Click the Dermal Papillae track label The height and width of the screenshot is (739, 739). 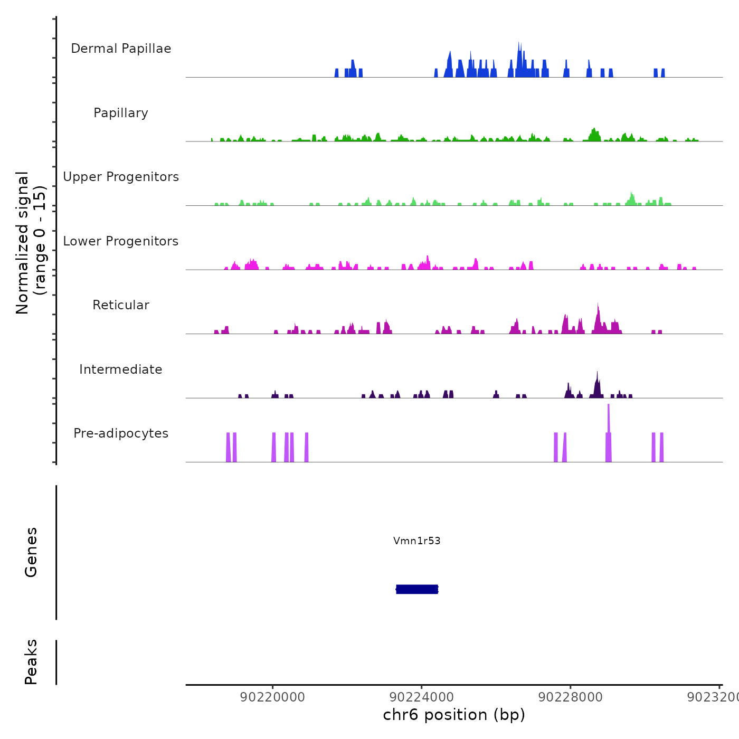click(x=121, y=49)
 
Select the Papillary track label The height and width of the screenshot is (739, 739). click(x=121, y=113)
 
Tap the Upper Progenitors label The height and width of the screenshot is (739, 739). click(x=121, y=177)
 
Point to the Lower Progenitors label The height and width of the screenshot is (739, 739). click(x=121, y=241)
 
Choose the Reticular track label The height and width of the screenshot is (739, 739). click(x=121, y=305)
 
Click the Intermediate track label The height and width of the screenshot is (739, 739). click(x=121, y=369)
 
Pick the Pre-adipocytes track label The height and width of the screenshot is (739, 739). click(x=121, y=433)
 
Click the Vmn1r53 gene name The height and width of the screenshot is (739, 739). click(x=416, y=541)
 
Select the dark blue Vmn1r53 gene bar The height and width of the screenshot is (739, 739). click(x=417, y=589)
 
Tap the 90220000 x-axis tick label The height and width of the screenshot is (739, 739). click(x=272, y=697)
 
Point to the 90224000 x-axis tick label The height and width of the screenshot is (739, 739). click(x=422, y=697)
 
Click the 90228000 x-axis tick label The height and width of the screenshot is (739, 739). click(x=571, y=697)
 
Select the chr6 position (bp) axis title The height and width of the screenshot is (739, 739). click(x=454, y=715)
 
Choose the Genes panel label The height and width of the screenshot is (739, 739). click(x=31, y=552)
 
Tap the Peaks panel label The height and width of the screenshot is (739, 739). click(x=31, y=662)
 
